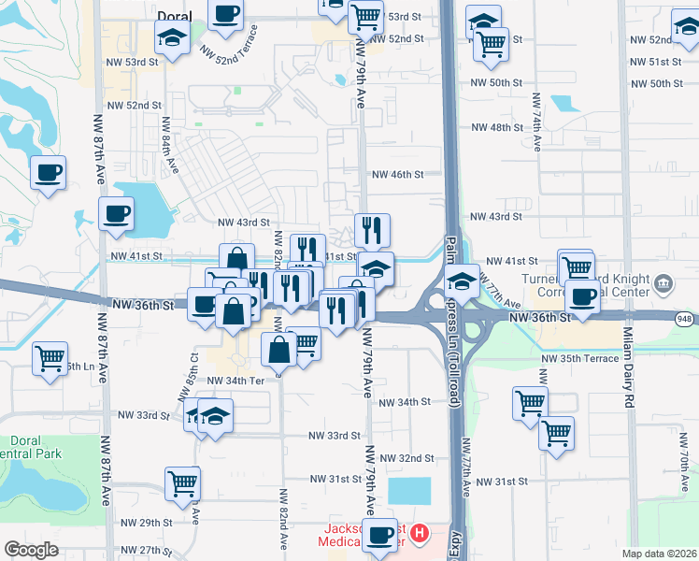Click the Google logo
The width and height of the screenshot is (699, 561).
coord(31,550)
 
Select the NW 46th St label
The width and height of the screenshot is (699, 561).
coord(398,175)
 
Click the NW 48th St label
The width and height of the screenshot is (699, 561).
coord(496,127)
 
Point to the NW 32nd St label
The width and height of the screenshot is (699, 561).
coord(407,458)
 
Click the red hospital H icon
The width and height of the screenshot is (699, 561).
coord(420,534)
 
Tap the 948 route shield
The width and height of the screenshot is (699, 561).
coord(686,318)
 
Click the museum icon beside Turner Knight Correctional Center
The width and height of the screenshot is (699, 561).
coord(663,283)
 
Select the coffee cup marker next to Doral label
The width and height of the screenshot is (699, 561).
coord(225,15)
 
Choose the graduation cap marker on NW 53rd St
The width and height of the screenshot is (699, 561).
coord(172,38)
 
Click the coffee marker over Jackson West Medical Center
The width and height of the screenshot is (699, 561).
coord(379,537)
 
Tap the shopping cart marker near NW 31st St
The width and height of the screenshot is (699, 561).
coord(182,483)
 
